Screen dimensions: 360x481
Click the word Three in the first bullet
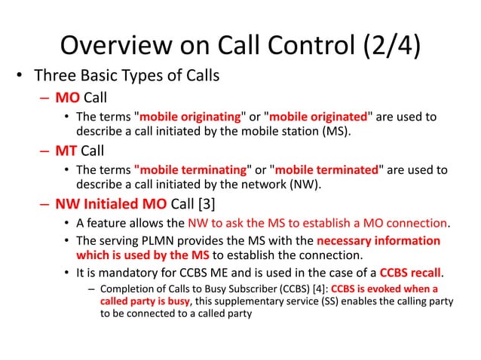[x=54, y=78]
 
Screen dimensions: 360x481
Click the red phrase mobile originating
[x=190, y=117]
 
